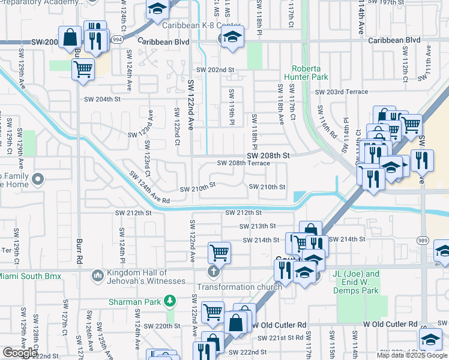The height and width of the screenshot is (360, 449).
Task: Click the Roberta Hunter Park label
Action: [x=310, y=73]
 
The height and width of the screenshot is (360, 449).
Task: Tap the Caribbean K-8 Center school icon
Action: [x=232, y=38]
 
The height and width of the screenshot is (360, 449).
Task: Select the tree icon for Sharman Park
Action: [x=170, y=299]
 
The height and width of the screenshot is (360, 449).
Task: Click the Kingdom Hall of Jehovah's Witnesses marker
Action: [x=97, y=276]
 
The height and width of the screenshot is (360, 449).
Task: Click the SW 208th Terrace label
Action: [x=243, y=163]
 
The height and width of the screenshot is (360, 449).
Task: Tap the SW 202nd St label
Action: [x=215, y=70]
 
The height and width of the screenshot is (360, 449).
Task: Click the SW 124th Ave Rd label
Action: [x=149, y=187]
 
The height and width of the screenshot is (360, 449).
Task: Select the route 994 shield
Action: [x=118, y=39]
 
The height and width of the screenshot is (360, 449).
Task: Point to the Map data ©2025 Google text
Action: [x=412, y=355]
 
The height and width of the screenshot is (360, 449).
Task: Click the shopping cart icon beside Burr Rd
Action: [x=83, y=69]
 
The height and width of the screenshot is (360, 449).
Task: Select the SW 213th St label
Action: [x=257, y=226]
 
